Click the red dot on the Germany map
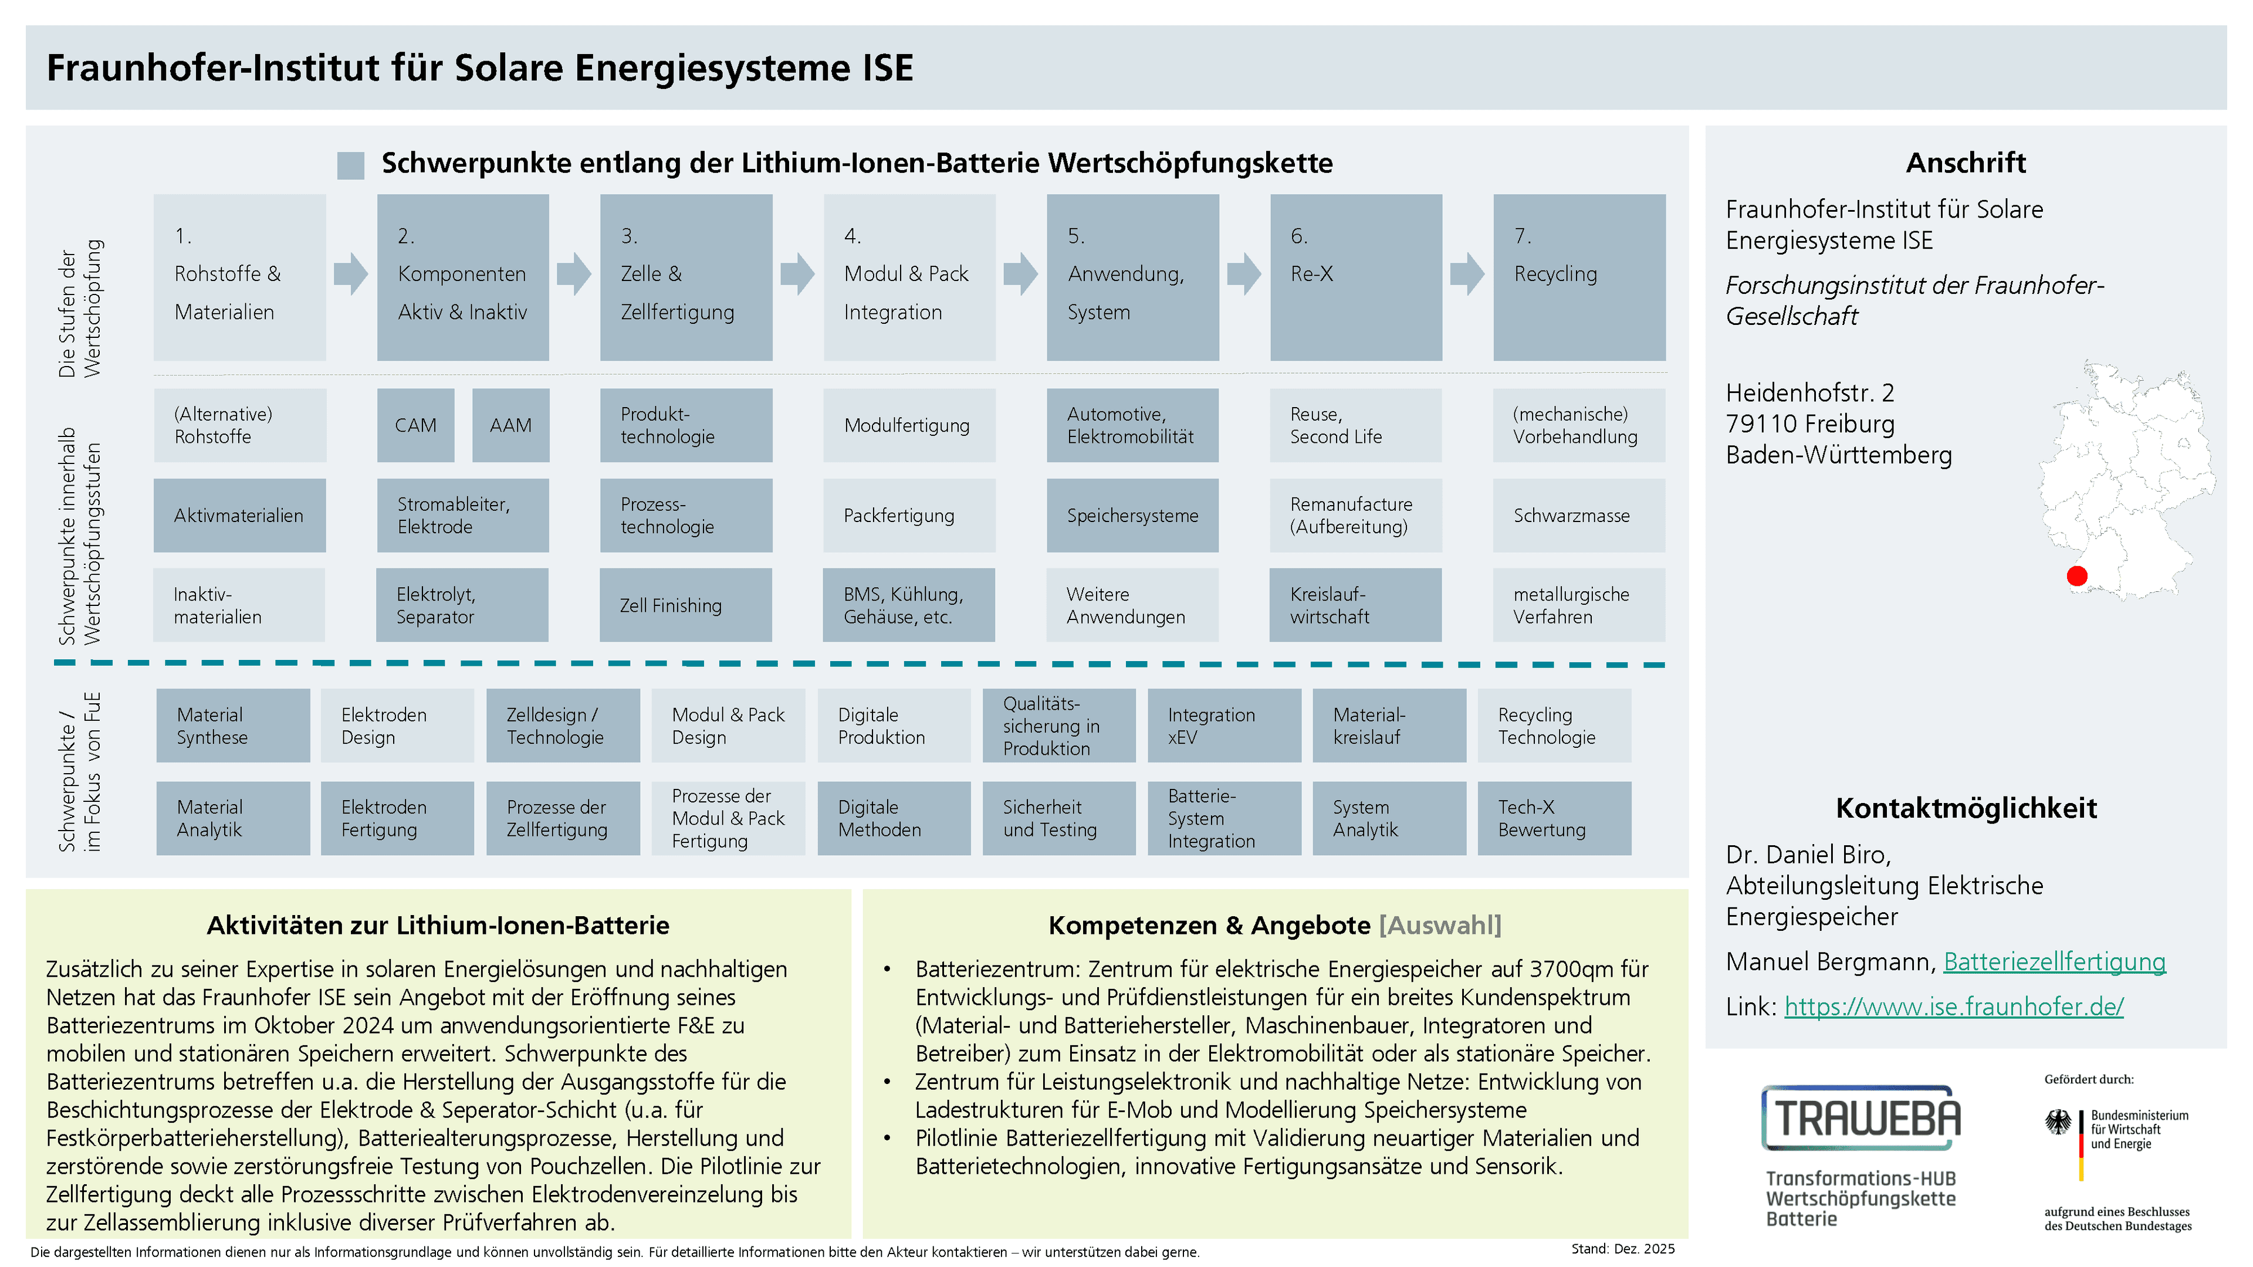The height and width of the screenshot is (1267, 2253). pos(2076,575)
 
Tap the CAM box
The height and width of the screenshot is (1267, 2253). pos(415,425)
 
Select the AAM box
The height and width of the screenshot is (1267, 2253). pos(511,425)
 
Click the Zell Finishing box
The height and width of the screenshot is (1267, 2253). pos(686,605)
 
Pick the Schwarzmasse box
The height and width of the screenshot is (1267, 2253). pos(1579,515)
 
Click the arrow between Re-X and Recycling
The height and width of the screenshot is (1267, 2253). pos(1467,274)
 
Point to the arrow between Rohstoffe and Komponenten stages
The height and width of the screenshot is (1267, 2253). pos(351,274)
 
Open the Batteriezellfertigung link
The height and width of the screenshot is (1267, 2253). pos(2055,962)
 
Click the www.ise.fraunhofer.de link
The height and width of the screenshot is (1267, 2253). pos(1954,1007)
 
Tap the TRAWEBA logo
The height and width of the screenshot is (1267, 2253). pos(1860,1119)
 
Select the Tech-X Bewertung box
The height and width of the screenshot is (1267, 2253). pos(1554,818)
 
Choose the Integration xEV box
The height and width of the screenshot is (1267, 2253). pos(1223,726)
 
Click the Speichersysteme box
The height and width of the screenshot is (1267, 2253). pos(1132,515)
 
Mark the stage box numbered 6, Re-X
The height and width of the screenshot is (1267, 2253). pos(1356,277)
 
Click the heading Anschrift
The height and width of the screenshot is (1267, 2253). pos(1966,162)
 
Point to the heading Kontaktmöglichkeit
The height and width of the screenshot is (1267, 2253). pos(1966,808)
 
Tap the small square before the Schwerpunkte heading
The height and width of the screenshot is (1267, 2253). pos(351,165)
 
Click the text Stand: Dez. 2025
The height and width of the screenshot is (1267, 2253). pos(1622,1249)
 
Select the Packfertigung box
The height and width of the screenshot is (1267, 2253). pos(909,515)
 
